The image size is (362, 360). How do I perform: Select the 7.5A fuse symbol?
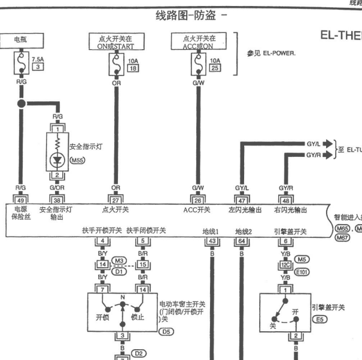click(22, 62)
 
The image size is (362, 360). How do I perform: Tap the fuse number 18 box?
click(132, 68)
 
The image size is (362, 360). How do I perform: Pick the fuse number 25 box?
click(214, 68)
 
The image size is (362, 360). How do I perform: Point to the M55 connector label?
click(78, 161)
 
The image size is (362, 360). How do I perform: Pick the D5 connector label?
click(165, 331)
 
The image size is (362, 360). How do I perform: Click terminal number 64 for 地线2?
click(242, 241)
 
